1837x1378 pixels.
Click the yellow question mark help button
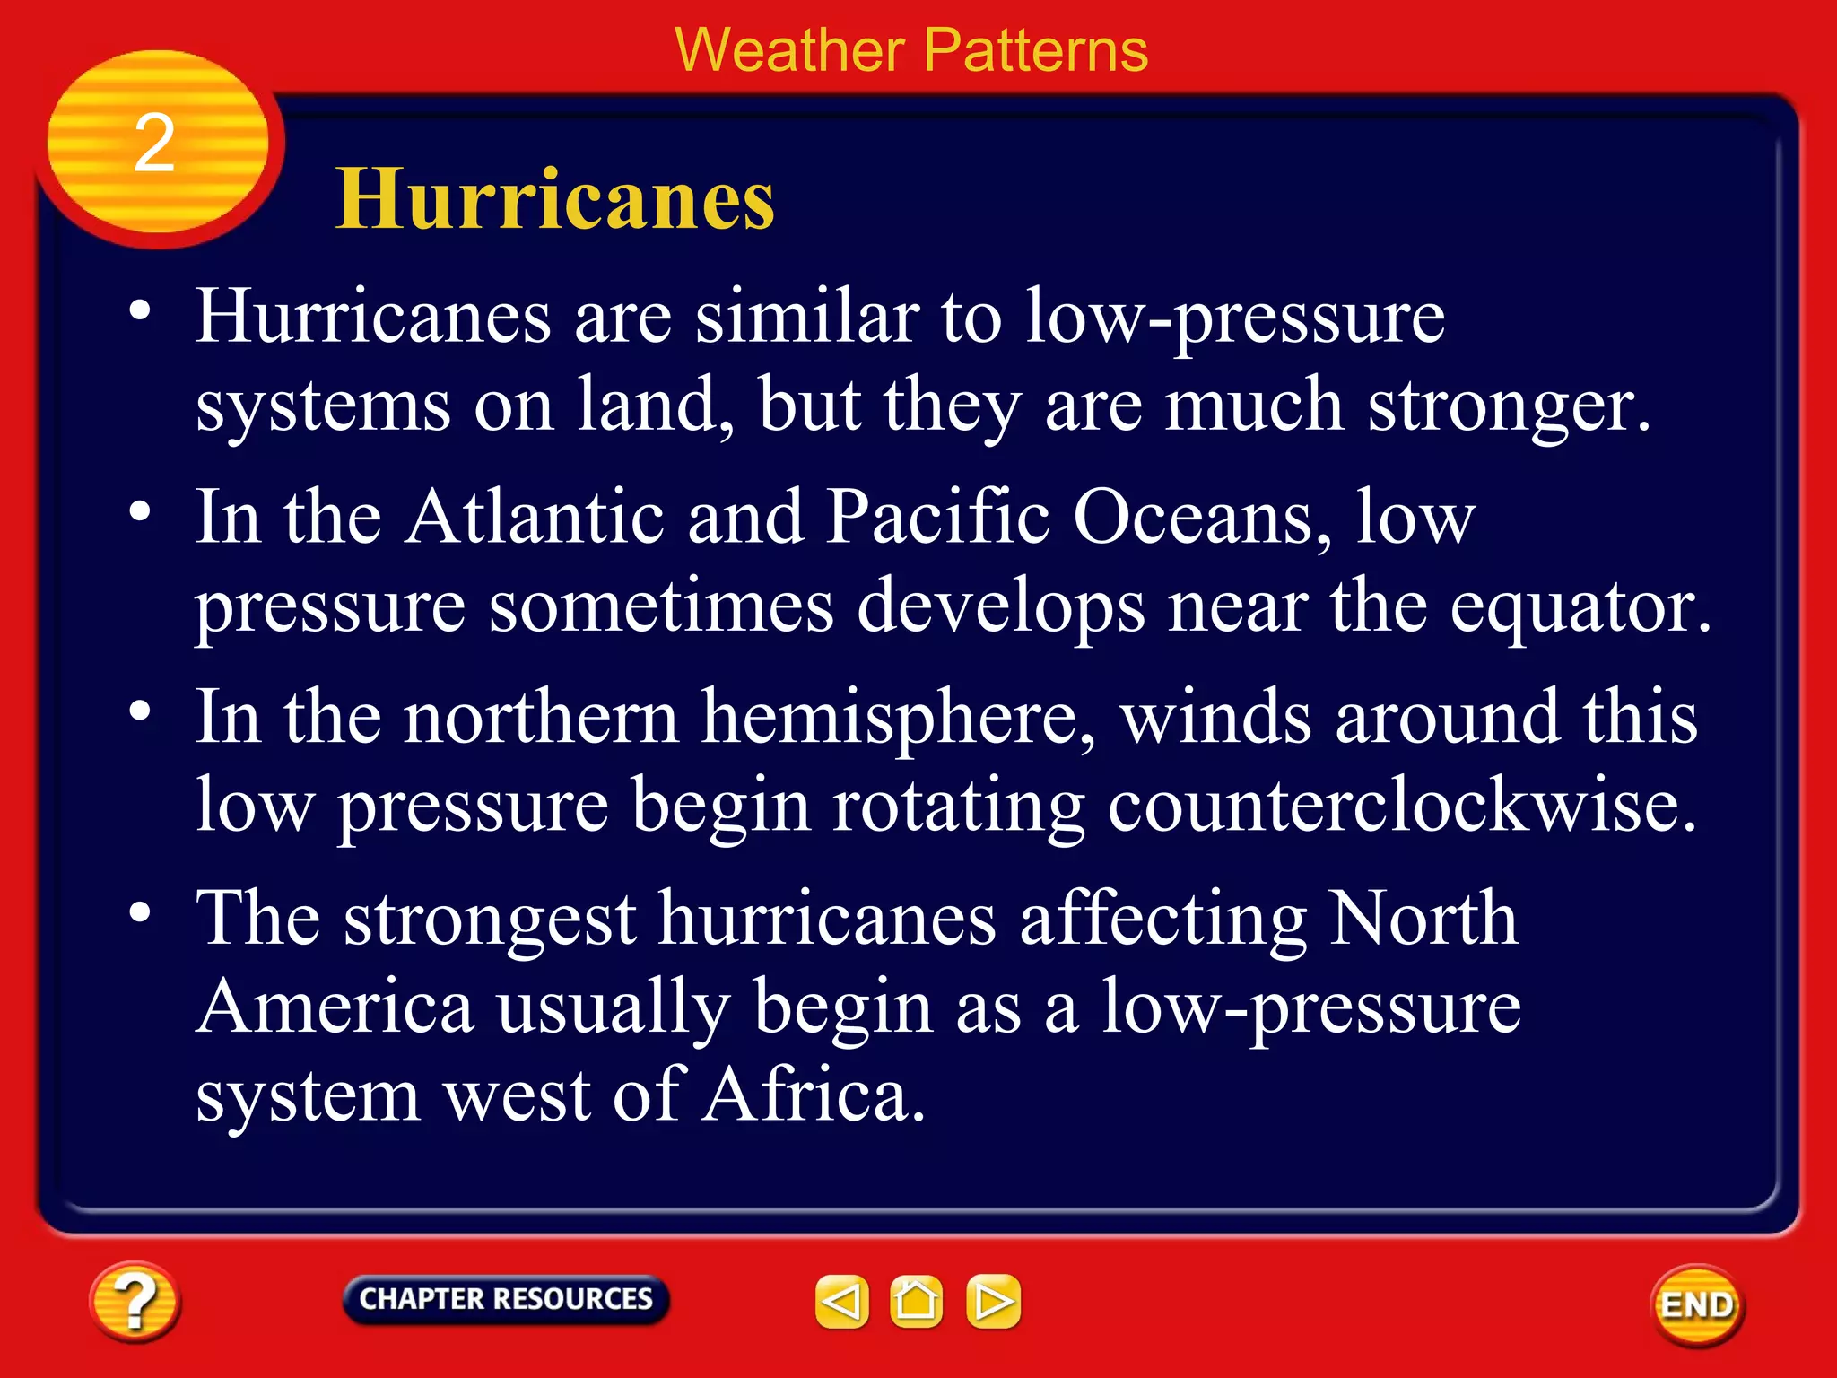pyautogui.click(x=135, y=1302)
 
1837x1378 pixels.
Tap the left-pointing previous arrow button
pyautogui.click(x=841, y=1301)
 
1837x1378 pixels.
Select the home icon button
pyautogui.click(x=916, y=1301)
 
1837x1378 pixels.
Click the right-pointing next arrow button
pyautogui.click(x=993, y=1301)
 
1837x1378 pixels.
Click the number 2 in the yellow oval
pyautogui.click(x=154, y=144)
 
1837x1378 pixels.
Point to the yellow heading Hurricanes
pyautogui.click(x=555, y=199)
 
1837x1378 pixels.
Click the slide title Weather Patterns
pyautogui.click(x=911, y=50)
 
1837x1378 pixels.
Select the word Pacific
pyautogui.click(x=937, y=518)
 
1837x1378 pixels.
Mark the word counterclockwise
pyautogui.click(x=1402, y=806)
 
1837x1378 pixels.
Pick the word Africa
pyautogui.click(x=813, y=1096)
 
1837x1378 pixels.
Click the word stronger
pyautogui.click(x=1508, y=406)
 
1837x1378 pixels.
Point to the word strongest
pyautogui.click(x=491, y=920)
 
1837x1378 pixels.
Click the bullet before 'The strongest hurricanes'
pyautogui.click(x=140, y=913)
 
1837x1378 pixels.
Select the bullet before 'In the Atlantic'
pyautogui.click(x=140, y=512)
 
